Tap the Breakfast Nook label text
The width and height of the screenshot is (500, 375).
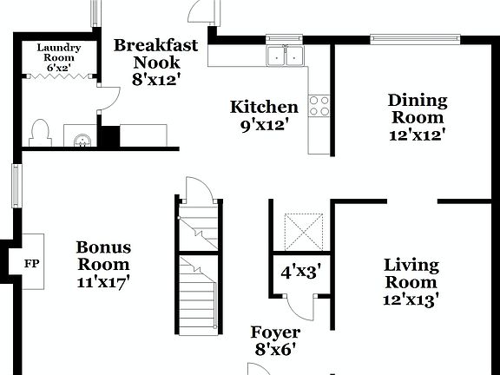tap(156, 62)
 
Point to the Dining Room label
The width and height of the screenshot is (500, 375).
tap(417, 117)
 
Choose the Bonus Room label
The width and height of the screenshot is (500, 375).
tap(102, 264)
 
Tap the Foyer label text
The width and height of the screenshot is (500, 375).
tap(275, 340)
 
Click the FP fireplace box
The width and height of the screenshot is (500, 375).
tap(31, 263)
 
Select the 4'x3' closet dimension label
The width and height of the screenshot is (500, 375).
tap(299, 270)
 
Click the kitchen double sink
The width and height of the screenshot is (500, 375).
tap(286, 56)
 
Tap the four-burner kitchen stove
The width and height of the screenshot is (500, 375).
tap(319, 106)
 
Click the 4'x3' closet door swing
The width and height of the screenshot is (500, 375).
tap(302, 304)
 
